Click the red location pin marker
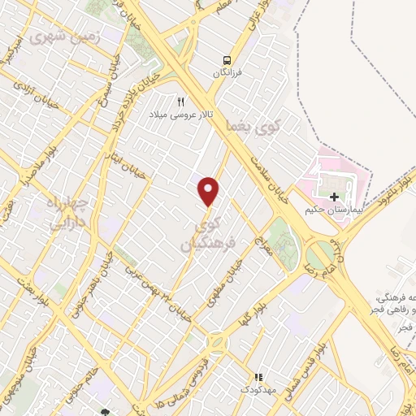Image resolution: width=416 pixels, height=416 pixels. (210, 190)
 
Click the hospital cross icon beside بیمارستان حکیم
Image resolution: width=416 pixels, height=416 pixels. (333, 197)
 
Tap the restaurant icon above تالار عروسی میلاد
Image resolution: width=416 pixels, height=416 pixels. (181, 102)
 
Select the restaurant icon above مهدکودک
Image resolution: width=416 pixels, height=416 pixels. (258, 378)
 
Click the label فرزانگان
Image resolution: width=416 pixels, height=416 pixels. (228, 73)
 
